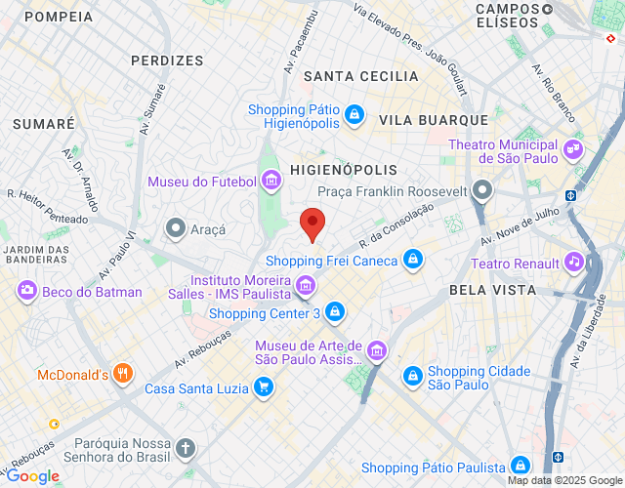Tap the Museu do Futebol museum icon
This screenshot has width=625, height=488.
[270, 181]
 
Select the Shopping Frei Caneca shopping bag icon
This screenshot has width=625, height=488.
[413, 260]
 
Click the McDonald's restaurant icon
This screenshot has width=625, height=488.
[122, 373]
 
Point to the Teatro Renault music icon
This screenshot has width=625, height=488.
[575, 263]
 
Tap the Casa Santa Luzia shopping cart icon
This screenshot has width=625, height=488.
[262, 387]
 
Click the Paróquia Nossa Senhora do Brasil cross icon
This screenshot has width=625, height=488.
[186, 449]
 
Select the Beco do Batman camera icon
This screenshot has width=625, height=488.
[26, 291]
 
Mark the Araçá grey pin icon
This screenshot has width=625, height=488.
[176, 228]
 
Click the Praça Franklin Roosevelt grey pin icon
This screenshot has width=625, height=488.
[481, 190]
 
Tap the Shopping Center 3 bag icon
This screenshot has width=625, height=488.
[335, 312]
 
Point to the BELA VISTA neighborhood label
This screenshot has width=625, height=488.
[492, 290]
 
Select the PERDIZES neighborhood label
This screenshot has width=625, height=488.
[167, 60]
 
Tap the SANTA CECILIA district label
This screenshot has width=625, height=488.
[360, 76]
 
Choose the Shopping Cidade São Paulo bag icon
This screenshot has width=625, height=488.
[413, 377]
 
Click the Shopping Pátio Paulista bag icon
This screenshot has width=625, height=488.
[521, 466]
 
